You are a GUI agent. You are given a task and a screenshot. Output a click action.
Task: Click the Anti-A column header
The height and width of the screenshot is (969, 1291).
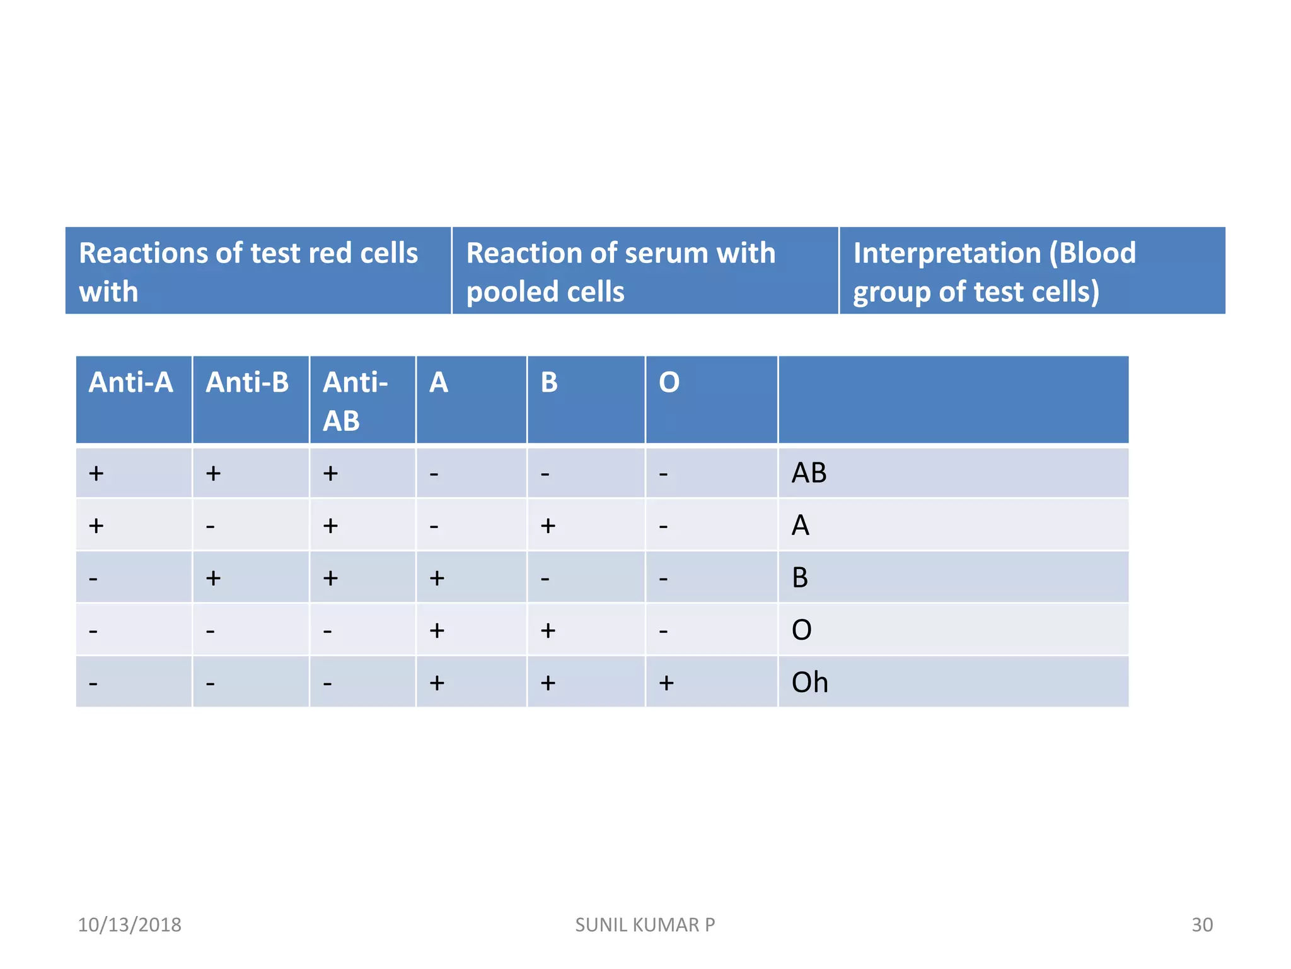coord(131,382)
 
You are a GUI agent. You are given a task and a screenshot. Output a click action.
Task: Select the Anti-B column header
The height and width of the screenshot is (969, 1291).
coord(247,382)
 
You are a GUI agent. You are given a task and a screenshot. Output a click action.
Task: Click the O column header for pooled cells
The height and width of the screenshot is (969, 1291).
coord(669,382)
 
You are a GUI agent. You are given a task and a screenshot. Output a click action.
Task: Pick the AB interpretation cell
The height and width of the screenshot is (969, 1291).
coord(809,473)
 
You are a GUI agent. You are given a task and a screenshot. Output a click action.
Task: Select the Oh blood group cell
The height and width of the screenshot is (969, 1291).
coord(809,683)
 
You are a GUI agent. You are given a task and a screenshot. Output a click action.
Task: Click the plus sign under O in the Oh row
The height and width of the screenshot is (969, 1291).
coord(666,683)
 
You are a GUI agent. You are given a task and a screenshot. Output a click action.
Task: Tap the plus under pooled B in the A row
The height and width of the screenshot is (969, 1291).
coord(548,526)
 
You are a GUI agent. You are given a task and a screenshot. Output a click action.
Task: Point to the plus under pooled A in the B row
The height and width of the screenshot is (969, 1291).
coord(437,578)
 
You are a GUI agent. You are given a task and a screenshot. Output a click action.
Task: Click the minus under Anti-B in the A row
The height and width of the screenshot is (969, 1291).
coord(211,526)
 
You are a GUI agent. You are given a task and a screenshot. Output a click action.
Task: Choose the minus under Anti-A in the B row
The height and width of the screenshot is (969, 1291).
coord(93,578)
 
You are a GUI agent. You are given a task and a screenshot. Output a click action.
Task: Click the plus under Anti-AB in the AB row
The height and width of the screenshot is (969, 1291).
coord(330,473)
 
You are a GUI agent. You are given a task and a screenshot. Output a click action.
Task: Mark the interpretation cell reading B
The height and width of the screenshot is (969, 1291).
coord(800,578)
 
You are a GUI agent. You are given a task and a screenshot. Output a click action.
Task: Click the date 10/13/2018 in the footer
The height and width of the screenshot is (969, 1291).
coord(129,925)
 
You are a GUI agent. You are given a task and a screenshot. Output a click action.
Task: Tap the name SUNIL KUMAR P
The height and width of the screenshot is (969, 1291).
coord(645,925)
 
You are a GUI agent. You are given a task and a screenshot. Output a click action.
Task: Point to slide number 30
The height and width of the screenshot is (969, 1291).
coord(1201,925)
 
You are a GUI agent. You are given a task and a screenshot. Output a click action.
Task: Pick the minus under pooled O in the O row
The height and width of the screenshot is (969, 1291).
coord(663,630)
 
